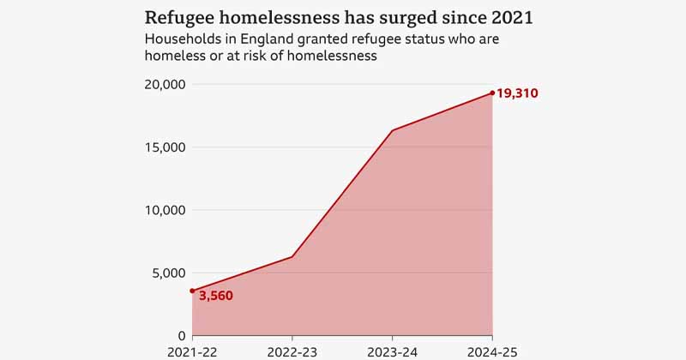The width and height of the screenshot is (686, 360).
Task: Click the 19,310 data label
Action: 517,93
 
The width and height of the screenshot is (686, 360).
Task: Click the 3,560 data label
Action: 215,297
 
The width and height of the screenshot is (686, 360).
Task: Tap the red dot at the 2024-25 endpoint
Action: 492,93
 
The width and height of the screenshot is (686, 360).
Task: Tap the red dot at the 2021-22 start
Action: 192,291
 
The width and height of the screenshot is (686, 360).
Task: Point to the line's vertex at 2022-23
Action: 292,256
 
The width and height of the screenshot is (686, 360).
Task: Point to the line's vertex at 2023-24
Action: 392,130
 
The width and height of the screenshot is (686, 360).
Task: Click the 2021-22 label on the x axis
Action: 192,351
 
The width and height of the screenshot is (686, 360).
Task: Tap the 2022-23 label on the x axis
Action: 292,351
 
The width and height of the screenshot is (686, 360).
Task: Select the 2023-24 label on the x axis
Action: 392,351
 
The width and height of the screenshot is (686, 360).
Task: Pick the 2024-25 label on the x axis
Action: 492,351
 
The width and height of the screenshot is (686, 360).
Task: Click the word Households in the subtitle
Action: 183,39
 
